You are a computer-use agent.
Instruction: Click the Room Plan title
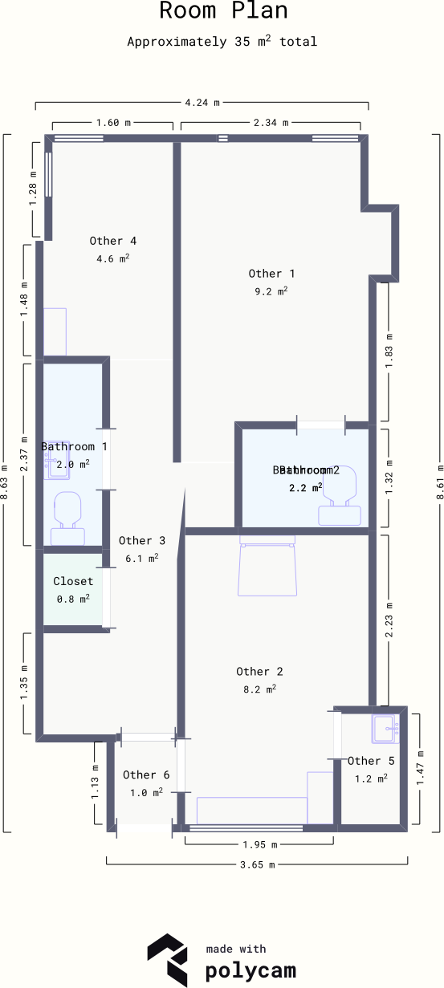(x=222, y=11)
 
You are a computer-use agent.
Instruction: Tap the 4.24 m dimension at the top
(x=202, y=103)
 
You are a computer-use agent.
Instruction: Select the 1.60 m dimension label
(x=112, y=123)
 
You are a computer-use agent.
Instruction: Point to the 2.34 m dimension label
(x=270, y=123)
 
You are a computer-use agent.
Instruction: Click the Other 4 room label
(x=112, y=241)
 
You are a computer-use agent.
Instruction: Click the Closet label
(x=73, y=581)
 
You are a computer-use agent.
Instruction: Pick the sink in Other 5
(x=385, y=729)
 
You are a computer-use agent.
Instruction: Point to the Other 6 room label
(x=145, y=775)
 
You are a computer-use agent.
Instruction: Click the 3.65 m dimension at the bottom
(x=257, y=865)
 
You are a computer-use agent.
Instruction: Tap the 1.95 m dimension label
(x=259, y=845)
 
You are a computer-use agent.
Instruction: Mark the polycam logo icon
(x=167, y=959)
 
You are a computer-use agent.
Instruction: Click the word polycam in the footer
(x=250, y=970)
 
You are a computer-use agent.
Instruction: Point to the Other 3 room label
(x=142, y=541)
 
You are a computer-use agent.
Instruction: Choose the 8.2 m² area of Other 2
(x=259, y=689)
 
